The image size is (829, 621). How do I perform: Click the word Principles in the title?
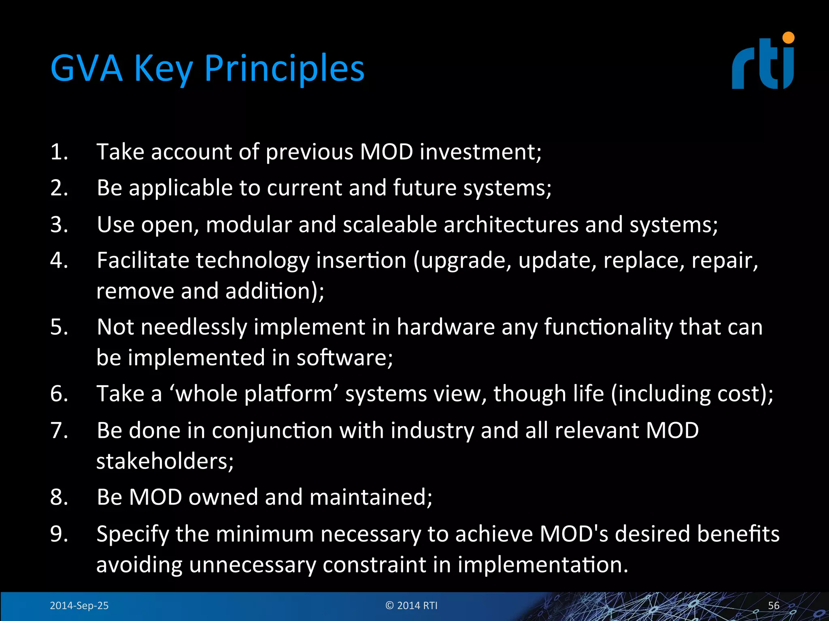coord(284,68)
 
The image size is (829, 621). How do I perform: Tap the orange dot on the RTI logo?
coord(788,38)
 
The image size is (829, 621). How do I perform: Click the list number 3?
coord(59,224)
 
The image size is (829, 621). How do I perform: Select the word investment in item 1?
coord(480,152)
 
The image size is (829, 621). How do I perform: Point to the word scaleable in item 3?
coord(390,224)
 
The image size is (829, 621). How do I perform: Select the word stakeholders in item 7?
coord(165,461)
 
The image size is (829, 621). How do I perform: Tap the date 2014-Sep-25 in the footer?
coord(79,606)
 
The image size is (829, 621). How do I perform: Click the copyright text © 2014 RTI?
coord(411,606)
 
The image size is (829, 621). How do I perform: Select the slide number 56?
coord(774,606)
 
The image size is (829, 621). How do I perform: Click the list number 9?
coord(59,534)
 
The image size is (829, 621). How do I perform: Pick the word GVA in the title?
coord(87,68)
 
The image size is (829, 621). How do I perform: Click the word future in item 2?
coord(425,188)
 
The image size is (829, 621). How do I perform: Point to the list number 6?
coord(59,393)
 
